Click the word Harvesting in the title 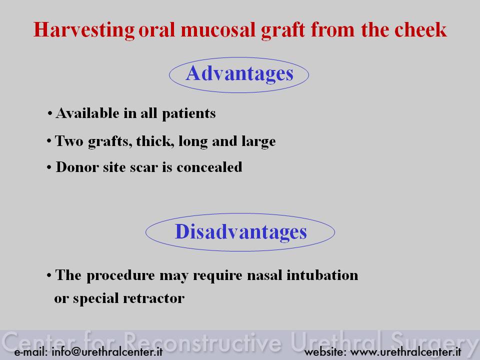tap(84, 30)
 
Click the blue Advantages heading tap(239, 74)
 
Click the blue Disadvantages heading tap(240, 231)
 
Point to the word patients tap(188, 114)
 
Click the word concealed tap(209, 167)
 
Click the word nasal tap(264, 275)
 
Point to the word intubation tap(322, 275)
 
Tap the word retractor tap(153, 298)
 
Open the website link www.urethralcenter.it tap(405, 351)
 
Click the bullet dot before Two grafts tap(49, 141)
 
